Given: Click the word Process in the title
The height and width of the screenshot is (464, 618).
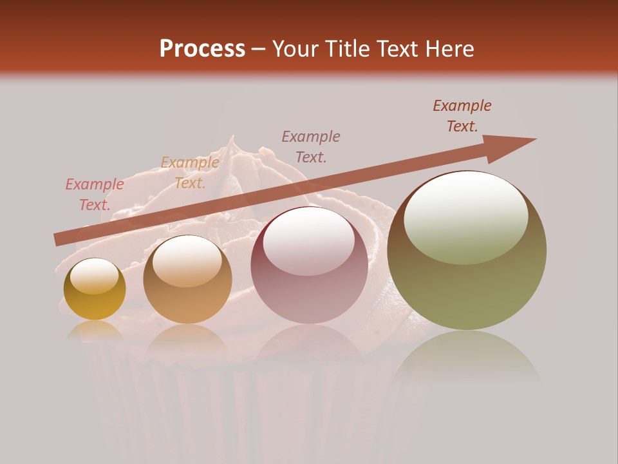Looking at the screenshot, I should pos(202,48).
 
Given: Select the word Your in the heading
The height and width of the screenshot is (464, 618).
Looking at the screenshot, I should pos(297,48).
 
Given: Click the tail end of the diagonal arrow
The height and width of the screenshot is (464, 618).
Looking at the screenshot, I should pos(59,239).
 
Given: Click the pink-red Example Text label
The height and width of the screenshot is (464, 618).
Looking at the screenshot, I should pos(95,195).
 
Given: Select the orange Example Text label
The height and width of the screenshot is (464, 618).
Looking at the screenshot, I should pos(190,173).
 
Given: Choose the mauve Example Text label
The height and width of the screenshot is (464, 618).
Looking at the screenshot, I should pos(311,146).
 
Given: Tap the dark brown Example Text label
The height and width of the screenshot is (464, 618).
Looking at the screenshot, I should pos(462,116).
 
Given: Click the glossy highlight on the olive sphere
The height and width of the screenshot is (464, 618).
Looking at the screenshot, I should pos(466,218).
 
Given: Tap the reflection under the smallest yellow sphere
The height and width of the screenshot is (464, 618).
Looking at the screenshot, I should pos(95,330).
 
